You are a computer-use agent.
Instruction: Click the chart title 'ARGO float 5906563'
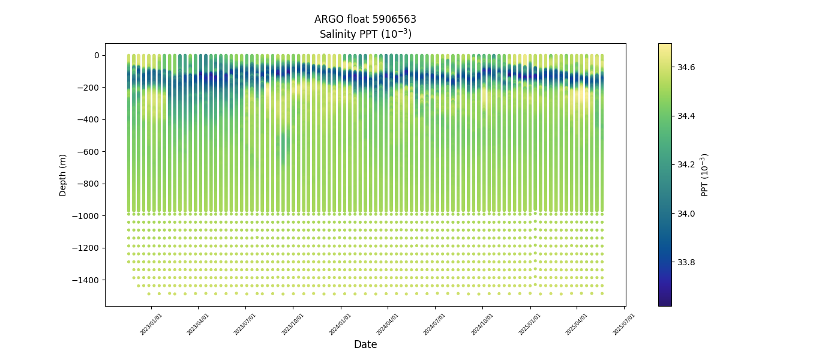tap(365, 19)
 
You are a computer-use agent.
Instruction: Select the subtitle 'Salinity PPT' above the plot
tap(365, 34)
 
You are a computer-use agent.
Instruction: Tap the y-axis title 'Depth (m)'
tap(63, 175)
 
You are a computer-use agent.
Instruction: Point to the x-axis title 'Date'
tap(365, 344)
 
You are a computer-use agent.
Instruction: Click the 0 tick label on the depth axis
tap(96, 55)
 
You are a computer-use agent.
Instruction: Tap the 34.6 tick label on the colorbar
tap(686, 67)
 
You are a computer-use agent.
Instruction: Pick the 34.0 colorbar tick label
tap(686, 214)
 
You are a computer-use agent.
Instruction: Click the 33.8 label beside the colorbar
tap(686, 262)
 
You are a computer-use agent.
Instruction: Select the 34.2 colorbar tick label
tap(686, 164)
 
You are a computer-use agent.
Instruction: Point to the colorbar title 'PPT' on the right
tap(705, 175)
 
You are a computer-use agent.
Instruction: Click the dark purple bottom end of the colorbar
tap(664, 303)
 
